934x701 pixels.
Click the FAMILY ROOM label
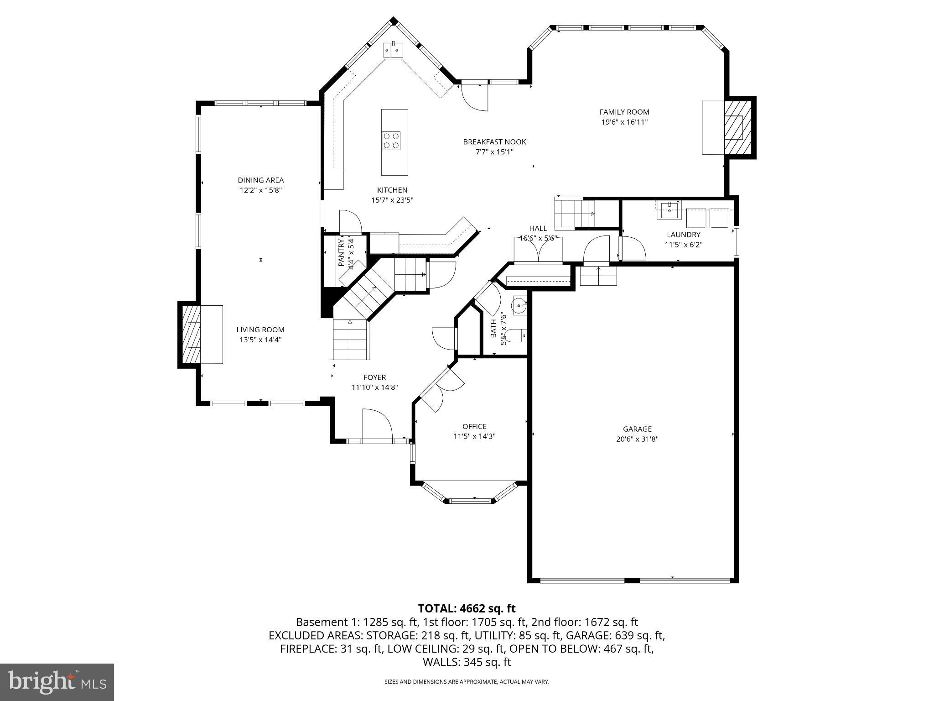[624, 112]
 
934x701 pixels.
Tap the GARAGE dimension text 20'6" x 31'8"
[637, 439]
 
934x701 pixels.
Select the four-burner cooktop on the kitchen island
[391, 141]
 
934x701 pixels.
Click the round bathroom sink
[519, 305]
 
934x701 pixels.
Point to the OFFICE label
[474, 426]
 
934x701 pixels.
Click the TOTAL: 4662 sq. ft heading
[467, 608]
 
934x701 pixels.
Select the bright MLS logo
[57, 682]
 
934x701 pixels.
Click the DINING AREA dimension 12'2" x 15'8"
[261, 190]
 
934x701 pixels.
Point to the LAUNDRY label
[683, 235]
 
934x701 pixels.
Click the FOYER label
[374, 377]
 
